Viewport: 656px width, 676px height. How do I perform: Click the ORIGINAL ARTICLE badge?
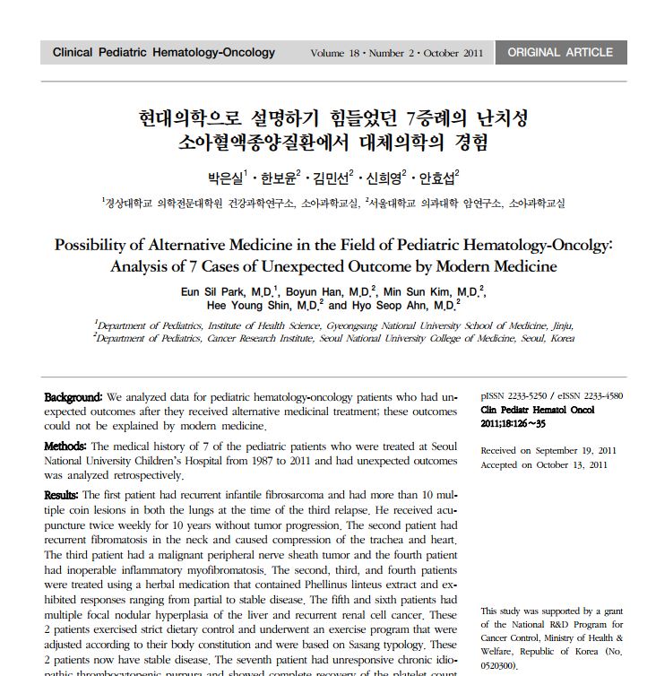click(x=560, y=53)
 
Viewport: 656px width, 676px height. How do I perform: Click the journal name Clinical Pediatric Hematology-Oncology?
click(x=164, y=53)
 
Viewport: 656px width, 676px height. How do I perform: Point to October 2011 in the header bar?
click(x=454, y=54)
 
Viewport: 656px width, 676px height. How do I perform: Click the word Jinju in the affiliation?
click(x=560, y=325)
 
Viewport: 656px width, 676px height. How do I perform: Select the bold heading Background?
click(x=73, y=396)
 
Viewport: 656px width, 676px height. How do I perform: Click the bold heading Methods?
click(x=65, y=446)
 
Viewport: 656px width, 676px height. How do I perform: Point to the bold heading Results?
click(x=62, y=495)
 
